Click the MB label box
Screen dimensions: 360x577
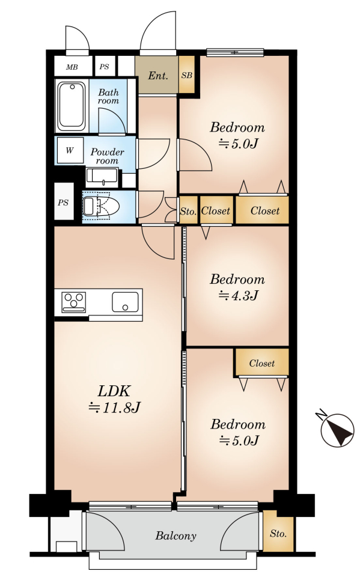pyautogui.click(x=73, y=66)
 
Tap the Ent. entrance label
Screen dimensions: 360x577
pyautogui.click(x=158, y=76)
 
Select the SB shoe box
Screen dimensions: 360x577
pyautogui.click(x=187, y=75)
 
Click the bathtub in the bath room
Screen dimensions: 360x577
pyautogui.click(x=72, y=106)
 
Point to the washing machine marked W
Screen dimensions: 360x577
pyautogui.click(x=70, y=150)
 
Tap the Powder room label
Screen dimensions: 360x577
pyautogui.click(x=107, y=156)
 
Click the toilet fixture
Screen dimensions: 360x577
pyautogui.click(x=100, y=206)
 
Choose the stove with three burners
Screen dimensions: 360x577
pyautogui.click(x=74, y=302)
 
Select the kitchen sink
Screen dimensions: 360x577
pyautogui.click(x=126, y=302)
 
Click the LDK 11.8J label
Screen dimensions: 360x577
pyautogui.click(x=114, y=399)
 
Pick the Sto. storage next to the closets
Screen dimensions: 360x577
pyautogui.click(x=188, y=210)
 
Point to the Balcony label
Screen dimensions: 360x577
pyautogui.click(x=175, y=536)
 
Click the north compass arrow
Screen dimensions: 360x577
pyautogui.click(x=337, y=430)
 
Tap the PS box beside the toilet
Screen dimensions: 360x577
pyautogui.click(x=63, y=202)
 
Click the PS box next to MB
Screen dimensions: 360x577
pyautogui.click(x=104, y=66)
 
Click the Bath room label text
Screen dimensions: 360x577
pyautogui.click(x=109, y=96)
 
